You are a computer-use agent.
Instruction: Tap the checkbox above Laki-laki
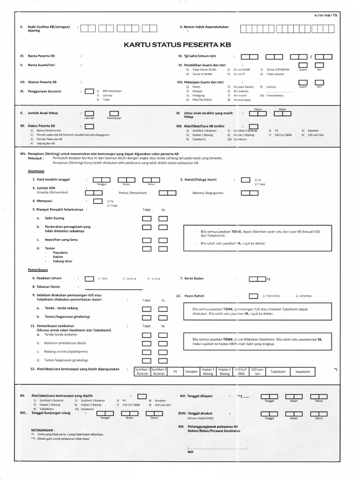tap(89, 113)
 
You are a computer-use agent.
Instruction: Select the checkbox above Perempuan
tap(114, 113)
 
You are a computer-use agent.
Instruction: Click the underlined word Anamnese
tap(37, 172)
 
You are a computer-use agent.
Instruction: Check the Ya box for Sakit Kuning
tap(163, 219)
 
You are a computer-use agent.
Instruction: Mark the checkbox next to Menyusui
tap(98, 202)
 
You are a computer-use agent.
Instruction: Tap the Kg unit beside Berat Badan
tap(269, 279)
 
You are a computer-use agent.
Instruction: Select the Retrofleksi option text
tap(274, 296)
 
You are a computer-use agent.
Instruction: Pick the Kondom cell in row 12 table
tap(191, 371)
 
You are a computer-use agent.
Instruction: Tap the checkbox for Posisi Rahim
tap(253, 296)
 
